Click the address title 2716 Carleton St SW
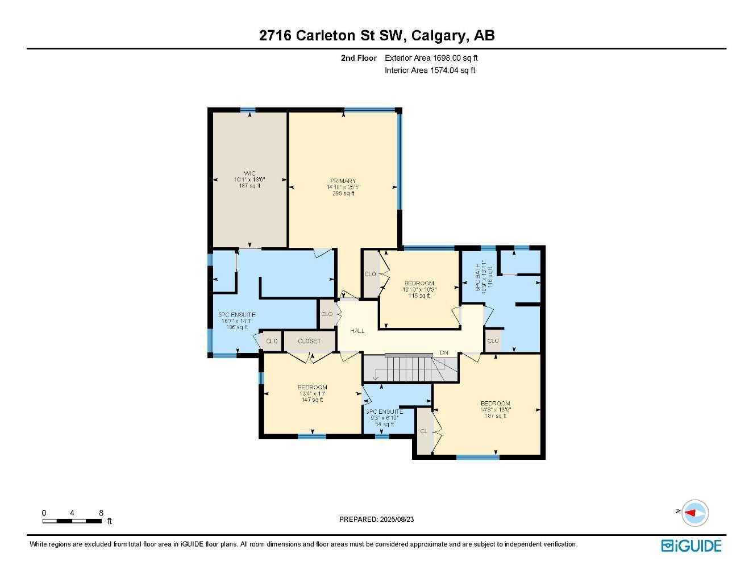(377, 35)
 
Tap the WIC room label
(249, 173)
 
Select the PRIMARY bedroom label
(343, 181)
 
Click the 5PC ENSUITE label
(237, 315)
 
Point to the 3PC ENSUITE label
(384, 411)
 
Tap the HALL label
(357, 331)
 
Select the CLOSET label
(309, 341)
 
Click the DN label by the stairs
(444, 353)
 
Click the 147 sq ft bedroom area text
(312, 400)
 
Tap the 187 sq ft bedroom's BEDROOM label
(495, 404)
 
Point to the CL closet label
(423, 431)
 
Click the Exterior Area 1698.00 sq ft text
(431, 58)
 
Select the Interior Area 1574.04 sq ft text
(430, 70)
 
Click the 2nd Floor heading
(359, 58)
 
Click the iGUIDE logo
(691, 546)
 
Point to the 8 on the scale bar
(101, 513)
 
